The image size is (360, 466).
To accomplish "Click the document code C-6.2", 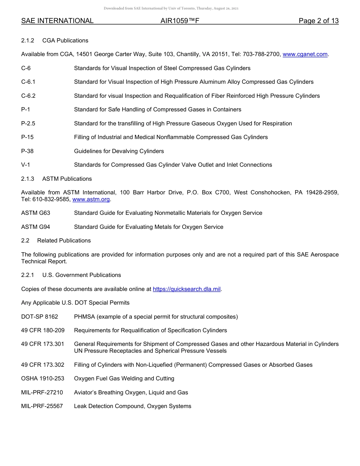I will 28,96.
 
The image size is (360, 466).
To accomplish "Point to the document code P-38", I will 27,151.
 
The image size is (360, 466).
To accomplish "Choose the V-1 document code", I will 26,165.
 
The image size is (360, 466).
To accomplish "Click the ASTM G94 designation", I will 36,227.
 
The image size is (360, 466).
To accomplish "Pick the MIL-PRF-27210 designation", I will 42,393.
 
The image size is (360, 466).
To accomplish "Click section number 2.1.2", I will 28,41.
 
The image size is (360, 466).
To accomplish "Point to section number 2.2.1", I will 28,275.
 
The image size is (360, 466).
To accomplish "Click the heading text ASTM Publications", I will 67,179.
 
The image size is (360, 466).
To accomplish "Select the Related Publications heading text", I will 64,241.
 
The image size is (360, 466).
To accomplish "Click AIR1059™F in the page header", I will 180,21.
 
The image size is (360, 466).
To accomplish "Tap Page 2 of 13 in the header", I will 318,21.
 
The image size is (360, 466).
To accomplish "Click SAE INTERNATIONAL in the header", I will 57,21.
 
